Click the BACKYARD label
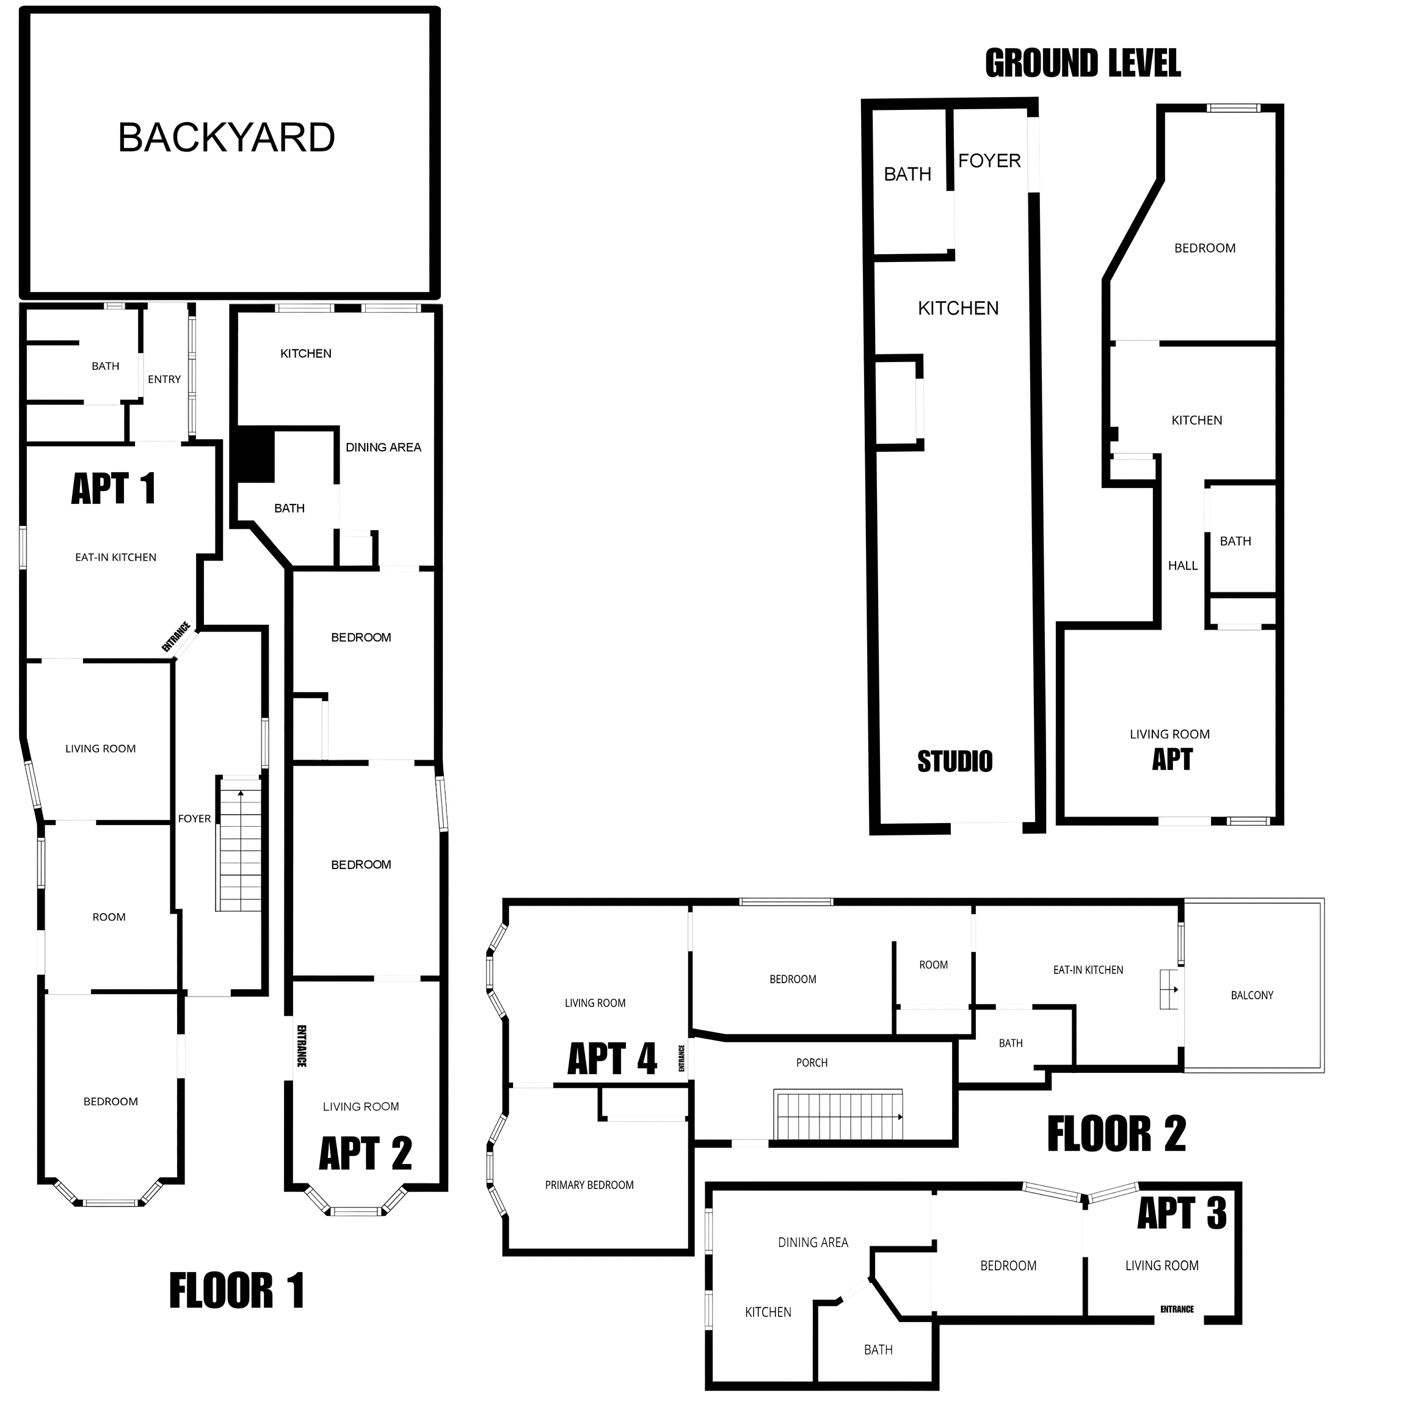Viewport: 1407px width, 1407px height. point(227,137)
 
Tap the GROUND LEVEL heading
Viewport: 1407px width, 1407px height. point(1083,64)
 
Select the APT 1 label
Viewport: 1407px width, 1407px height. point(114,488)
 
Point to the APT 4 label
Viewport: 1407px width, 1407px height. point(612,1058)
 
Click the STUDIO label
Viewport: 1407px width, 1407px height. point(954,762)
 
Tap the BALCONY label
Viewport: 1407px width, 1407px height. point(1252,995)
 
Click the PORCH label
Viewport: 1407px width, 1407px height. point(812,1063)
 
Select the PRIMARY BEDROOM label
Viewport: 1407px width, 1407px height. point(589,1185)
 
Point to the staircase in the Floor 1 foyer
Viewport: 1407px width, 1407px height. point(239,844)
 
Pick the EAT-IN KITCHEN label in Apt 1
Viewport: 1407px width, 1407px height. point(116,557)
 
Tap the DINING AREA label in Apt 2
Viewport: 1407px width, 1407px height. point(383,447)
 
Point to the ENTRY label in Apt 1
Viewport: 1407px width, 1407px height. point(164,379)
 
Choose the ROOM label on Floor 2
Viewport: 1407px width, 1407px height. point(934,965)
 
